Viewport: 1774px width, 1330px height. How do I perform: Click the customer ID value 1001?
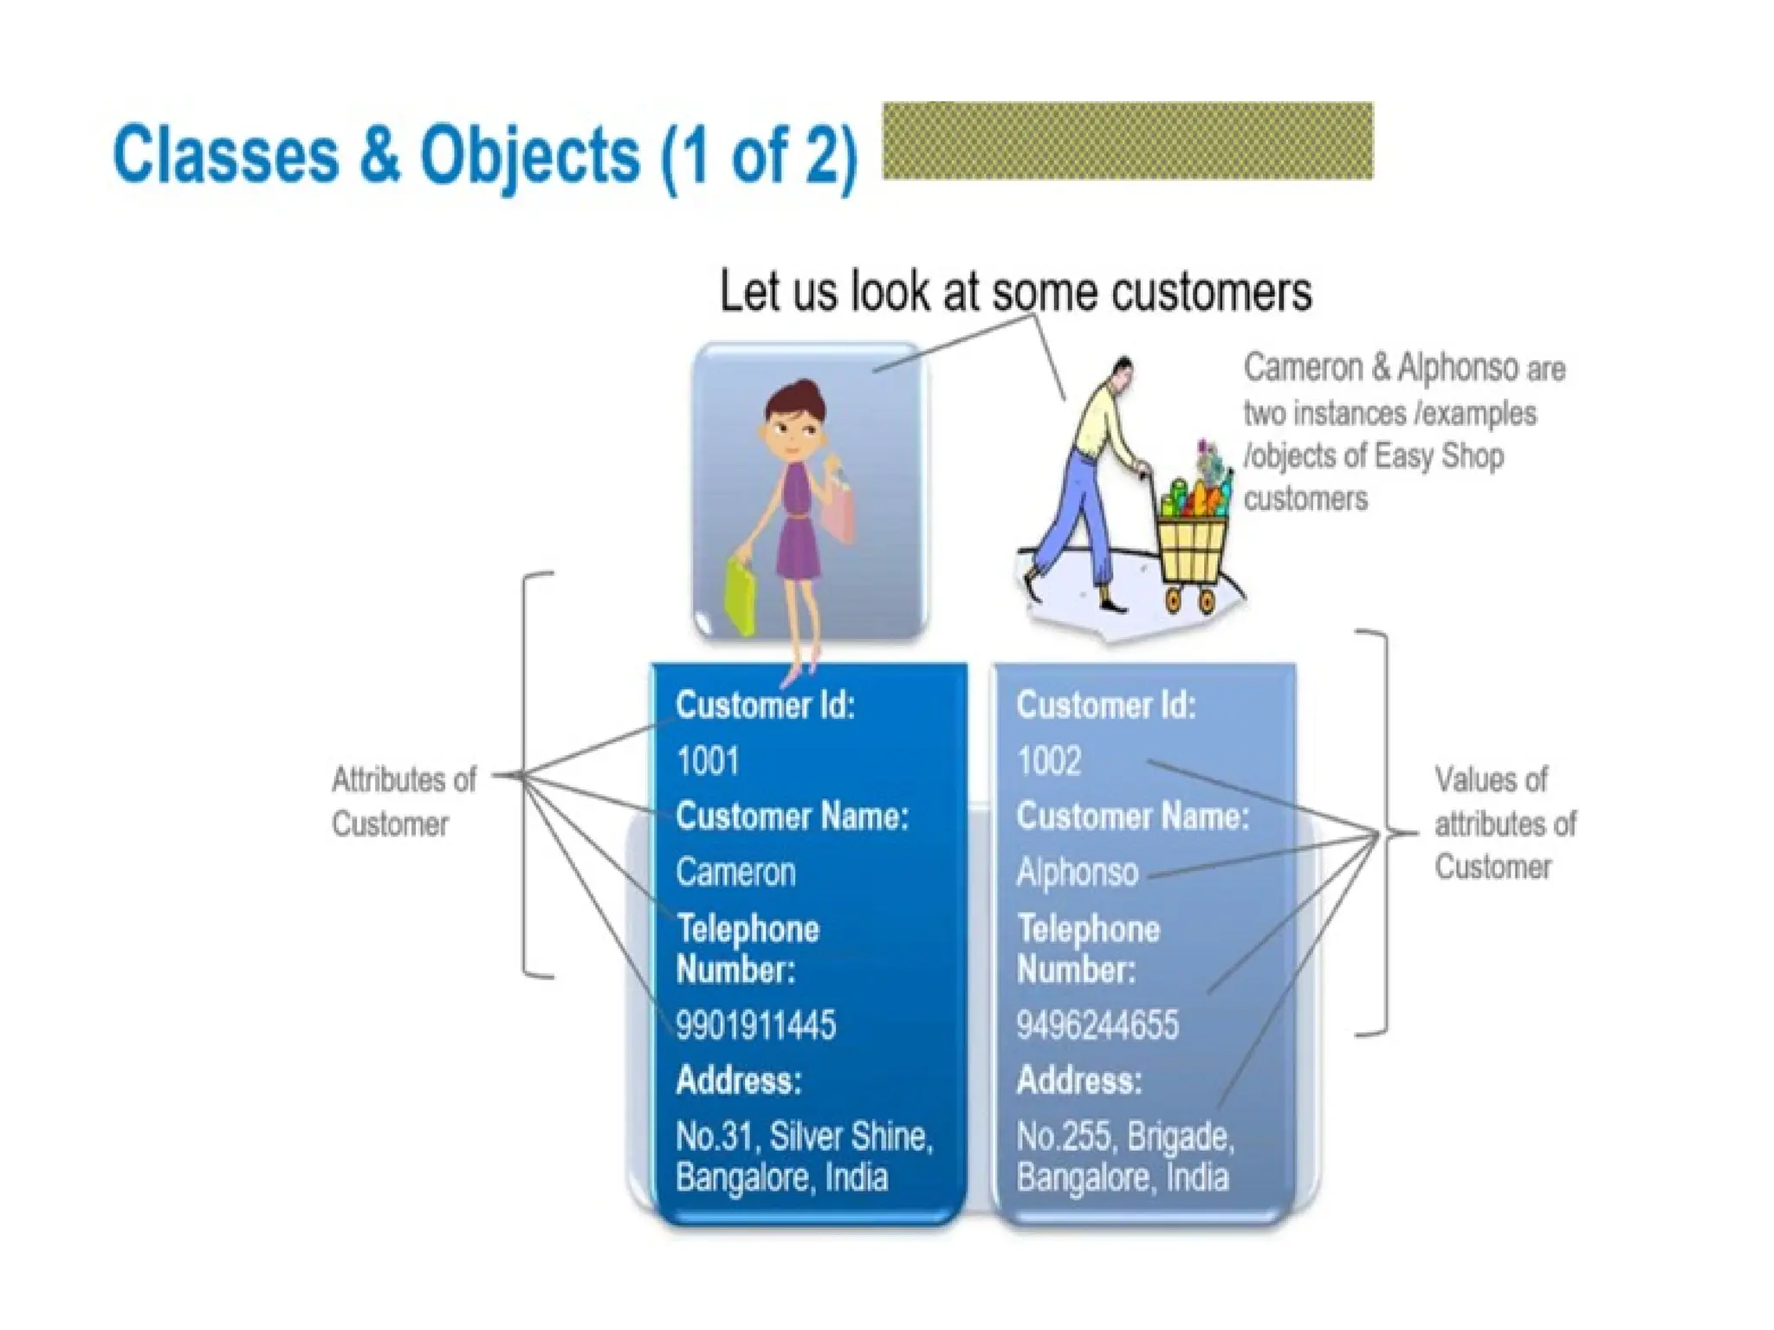coord(708,762)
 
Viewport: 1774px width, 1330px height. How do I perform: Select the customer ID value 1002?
coord(1049,762)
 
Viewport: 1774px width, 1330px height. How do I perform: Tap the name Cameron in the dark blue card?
coord(735,872)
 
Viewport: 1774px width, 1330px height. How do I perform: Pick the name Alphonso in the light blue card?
coord(1078,872)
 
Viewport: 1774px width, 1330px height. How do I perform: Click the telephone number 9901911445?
coord(755,1025)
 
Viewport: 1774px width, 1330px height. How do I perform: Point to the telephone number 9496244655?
coord(1097,1025)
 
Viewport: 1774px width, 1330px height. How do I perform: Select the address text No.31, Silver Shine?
coord(804,1136)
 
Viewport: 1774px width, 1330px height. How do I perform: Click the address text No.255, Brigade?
coord(1125,1136)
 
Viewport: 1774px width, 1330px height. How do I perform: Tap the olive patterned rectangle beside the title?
coord(1128,141)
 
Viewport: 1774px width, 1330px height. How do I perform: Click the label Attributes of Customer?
coord(404,802)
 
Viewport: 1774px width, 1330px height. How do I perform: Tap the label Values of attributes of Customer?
coord(1505,823)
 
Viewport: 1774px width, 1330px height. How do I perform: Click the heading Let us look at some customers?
coord(1015,291)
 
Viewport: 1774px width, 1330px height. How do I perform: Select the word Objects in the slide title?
coord(529,156)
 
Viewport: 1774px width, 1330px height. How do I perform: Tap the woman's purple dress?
coord(797,528)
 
